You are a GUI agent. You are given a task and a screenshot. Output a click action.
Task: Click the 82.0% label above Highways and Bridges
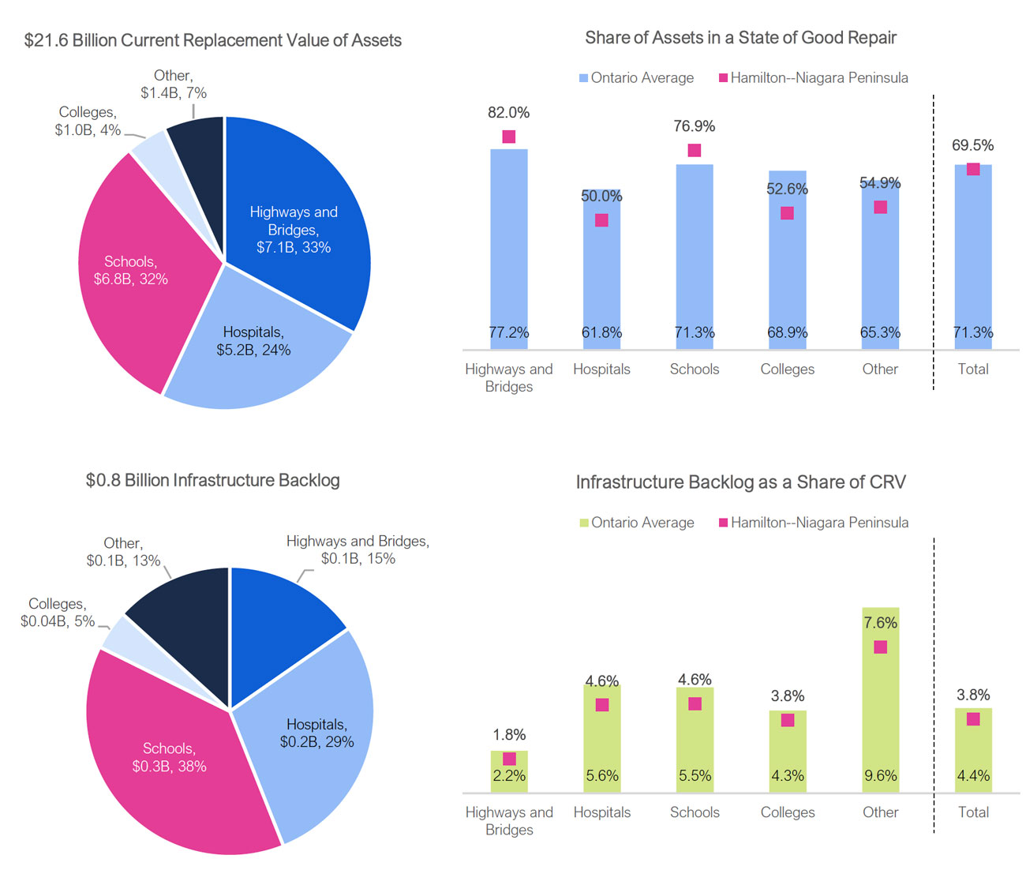(508, 113)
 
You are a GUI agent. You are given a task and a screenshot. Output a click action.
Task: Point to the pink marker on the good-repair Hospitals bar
(601, 220)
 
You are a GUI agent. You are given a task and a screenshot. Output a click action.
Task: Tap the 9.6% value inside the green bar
(880, 776)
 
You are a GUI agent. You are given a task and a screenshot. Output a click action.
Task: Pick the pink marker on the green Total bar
(973, 719)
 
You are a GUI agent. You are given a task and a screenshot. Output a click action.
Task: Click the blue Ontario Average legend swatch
(584, 78)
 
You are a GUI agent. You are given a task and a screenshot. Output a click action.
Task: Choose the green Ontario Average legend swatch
(584, 523)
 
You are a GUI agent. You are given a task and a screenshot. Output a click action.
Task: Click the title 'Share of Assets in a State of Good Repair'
(740, 38)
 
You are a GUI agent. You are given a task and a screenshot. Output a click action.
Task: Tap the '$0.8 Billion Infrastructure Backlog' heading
(212, 480)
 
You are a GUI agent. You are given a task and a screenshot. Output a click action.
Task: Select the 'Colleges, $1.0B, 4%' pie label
(88, 122)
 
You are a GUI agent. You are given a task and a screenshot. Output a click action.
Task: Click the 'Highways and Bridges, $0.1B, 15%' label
(358, 549)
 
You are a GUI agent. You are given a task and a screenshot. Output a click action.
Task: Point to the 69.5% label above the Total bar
(972, 145)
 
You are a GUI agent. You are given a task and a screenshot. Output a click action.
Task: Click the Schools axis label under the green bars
(695, 812)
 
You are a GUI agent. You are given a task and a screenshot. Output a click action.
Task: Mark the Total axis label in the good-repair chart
(972, 369)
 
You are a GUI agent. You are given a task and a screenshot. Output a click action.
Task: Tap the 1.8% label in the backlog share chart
(509, 735)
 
